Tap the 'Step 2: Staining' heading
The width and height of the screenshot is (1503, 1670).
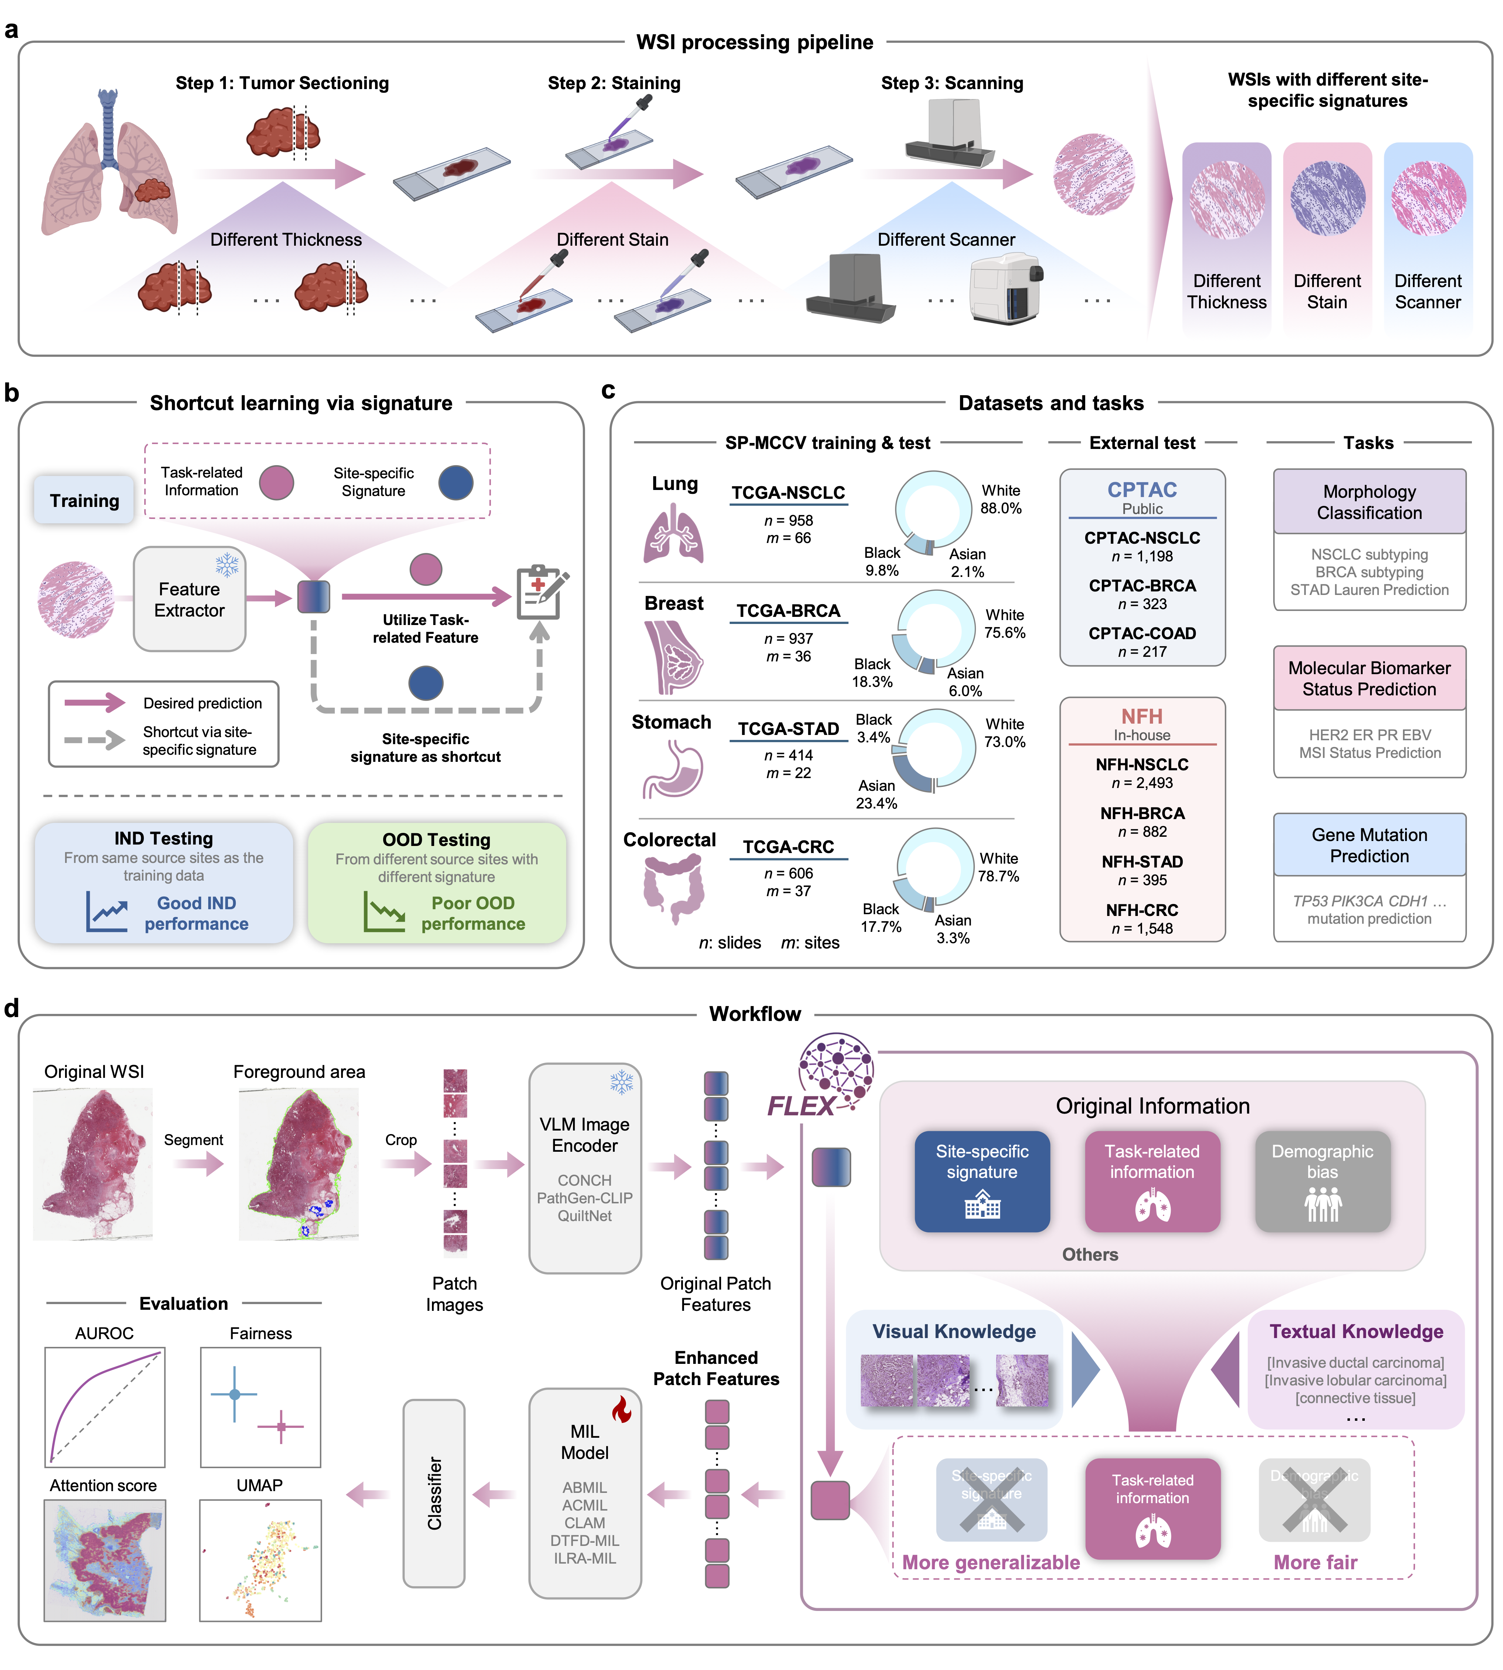click(x=614, y=83)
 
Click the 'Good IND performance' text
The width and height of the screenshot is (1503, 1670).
click(x=197, y=913)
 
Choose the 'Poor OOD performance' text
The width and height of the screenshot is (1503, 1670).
click(x=472, y=913)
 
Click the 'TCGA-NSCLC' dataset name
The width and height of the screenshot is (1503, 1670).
click(x=788, y=493)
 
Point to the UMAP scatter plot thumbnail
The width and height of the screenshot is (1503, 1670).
click(x=260, y=1559)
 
